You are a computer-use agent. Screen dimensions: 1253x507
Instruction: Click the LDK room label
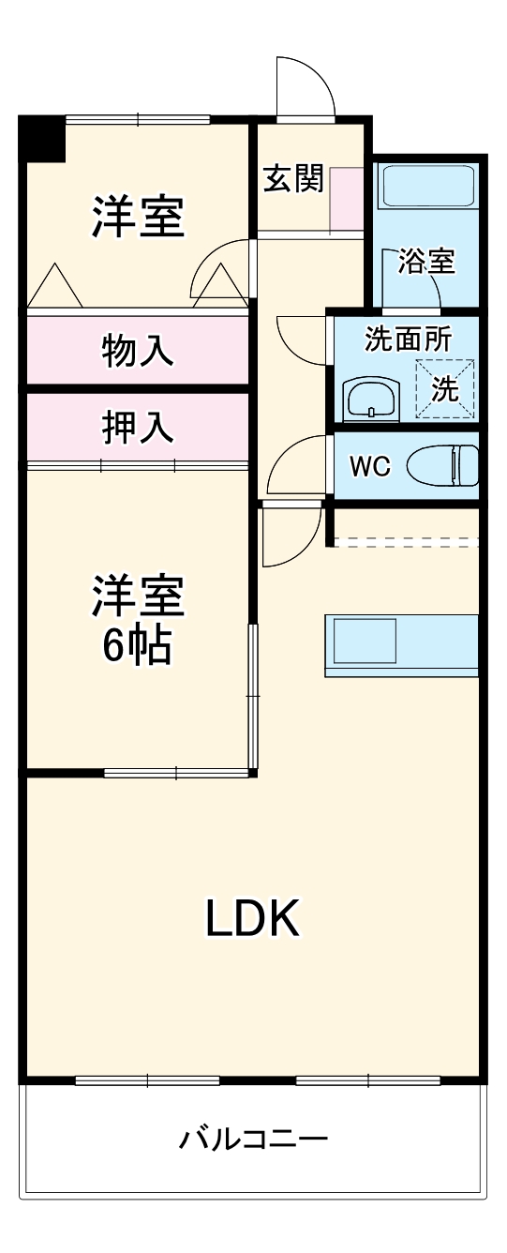coord(252,919)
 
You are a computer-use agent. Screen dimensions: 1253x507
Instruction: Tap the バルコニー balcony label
coord(253,1140)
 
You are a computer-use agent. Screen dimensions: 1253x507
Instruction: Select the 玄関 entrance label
coord(292,178)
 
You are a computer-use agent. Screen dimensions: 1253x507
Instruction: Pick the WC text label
coord(369,466)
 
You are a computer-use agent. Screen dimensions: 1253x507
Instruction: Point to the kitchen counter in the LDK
coord(401,644)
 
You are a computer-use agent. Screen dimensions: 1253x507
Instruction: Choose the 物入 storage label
coord(137,351)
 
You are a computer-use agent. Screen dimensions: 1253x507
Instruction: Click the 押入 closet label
coord(137,428)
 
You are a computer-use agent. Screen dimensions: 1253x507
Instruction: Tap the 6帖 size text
coord(137,645)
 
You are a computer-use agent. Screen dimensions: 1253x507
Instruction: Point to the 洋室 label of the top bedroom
coord(137,218)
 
